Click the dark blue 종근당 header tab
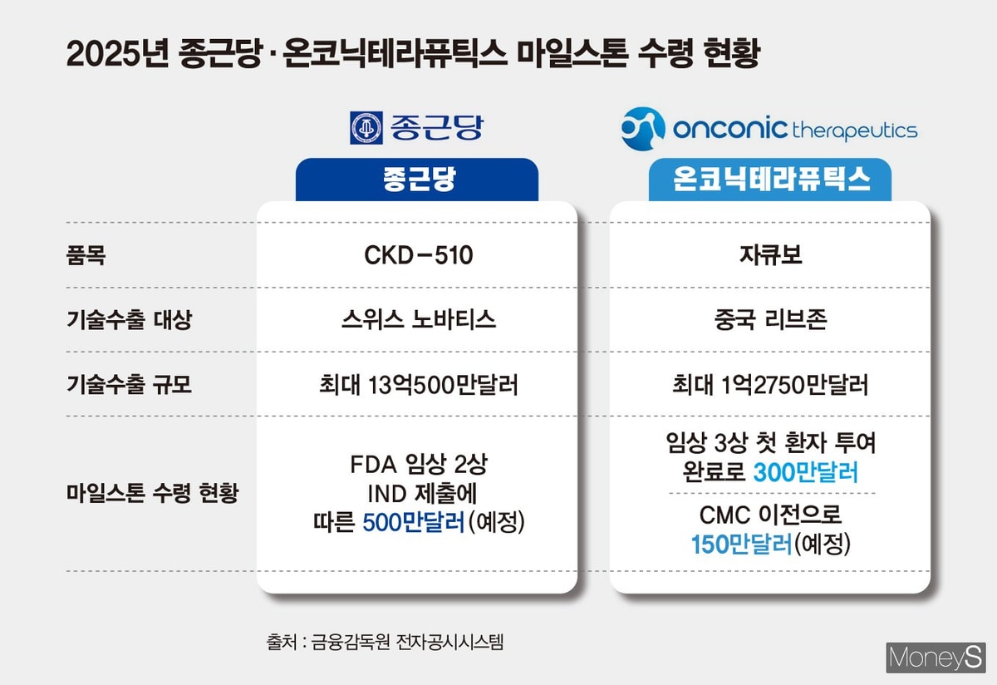pyautogui.click(x=417, y=180)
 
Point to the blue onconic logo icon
pyautogui.click(x=643, y=129)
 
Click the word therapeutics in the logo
pyautogui.click(x=855, y=131)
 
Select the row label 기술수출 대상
pyautogui.click(x=128, y=320)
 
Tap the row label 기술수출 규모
pyautogui.click(x=128, y=385)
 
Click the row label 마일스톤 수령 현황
pyautogui.click(x=152, y=493)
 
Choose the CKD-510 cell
pyautogui.click(x=418, y=255)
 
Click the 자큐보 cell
pyautogui.click(x=770, y=255)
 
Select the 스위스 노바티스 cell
pyautogui.click(x=418, y=320)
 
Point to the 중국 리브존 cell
pyautogui.click(x=770, y=320)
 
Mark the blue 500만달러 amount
pyautogui.click(x=412, y=523)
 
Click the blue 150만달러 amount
pyautogui.click(x=742, y=545)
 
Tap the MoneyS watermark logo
pyautogui.click(x=936, y=658)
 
